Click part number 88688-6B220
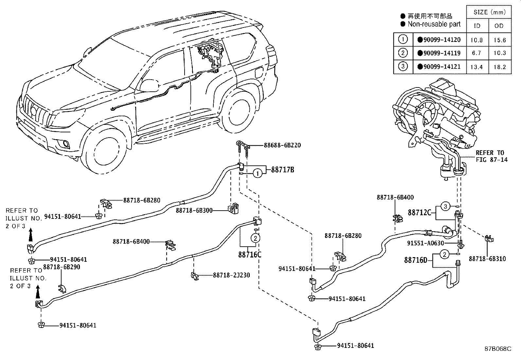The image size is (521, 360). (282, 145)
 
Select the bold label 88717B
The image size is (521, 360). (283, 170)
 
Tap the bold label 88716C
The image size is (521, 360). (250, 255)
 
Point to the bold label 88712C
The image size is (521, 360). (419, 212)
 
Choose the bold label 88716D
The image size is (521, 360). (416, 260)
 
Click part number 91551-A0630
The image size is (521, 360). (425, 243)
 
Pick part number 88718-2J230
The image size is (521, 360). (231, 275)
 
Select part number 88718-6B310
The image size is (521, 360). (487, 259)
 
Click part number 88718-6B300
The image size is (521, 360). (194, 211)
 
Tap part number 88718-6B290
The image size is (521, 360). (62, 267)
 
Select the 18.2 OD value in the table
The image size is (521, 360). (500, 67)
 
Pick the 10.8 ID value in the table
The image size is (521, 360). (476, 40)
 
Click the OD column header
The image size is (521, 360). (499, 26)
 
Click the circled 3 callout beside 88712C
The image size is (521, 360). (445, 206)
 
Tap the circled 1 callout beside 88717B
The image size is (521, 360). (258, 174)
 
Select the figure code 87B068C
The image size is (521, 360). (498, 349)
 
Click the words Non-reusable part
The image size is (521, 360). (434, 24)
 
